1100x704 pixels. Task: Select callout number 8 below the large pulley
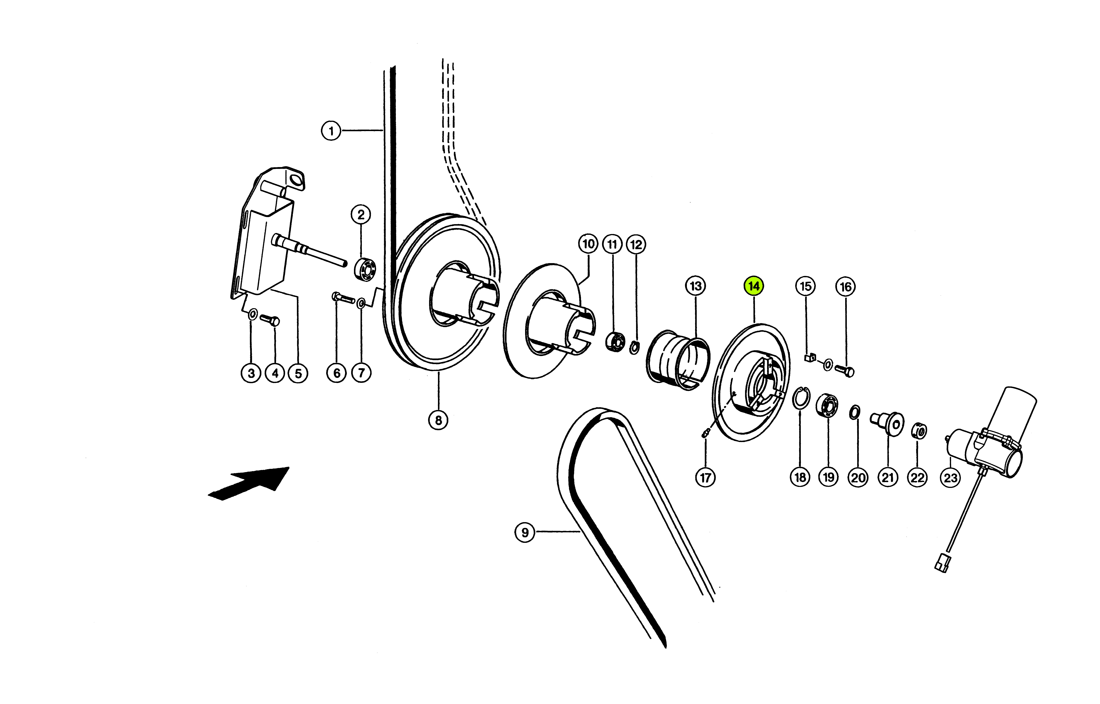pyautogui.click(x=438, y=420)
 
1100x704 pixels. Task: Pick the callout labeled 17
pyautogui.click(x=706, y=478)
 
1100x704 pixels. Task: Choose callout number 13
pyautogui.click(x=696, y=286)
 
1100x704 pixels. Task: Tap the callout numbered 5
pyautogui.click(x=298, y=373)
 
